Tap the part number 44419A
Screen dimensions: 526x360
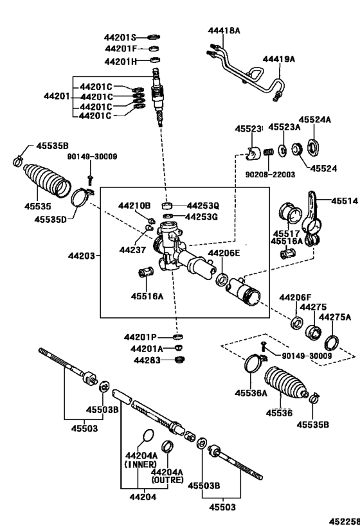pos(278,59)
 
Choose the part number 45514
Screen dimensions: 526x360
pos(344,201)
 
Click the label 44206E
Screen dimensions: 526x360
pos(223,253)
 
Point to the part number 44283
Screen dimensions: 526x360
pos(147,360)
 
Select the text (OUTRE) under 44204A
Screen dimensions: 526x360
pos(167,480)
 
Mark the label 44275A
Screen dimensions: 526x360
pos(336,317)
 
